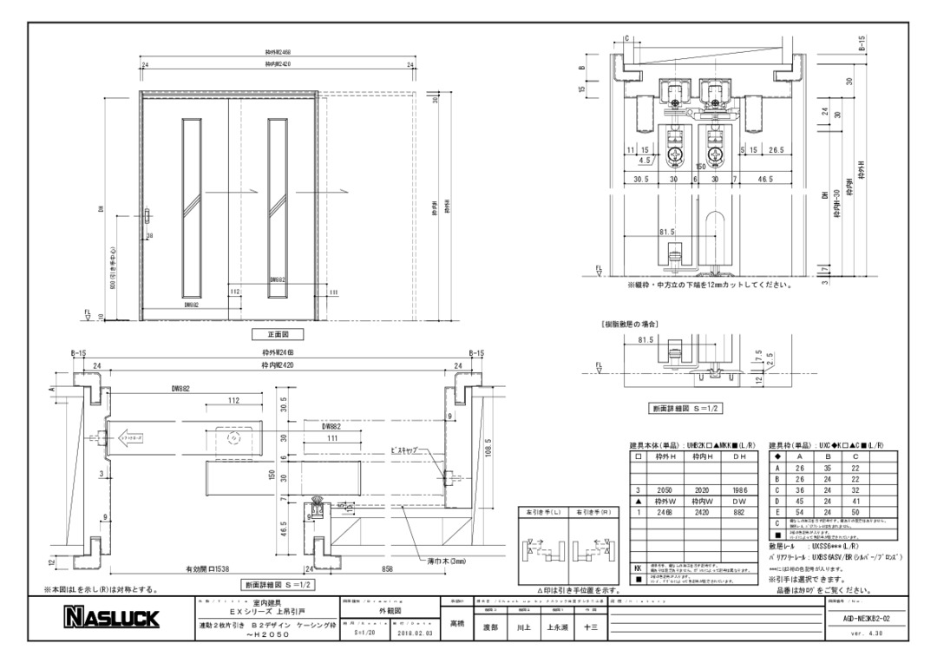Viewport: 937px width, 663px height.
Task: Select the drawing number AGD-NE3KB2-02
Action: click(x=868, y=617)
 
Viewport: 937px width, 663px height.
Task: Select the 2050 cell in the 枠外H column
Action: click(x=664, y=490)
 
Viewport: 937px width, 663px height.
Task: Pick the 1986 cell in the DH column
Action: click(x=740, y=490)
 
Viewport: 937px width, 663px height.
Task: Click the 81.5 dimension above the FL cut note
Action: click(x=666, y=233)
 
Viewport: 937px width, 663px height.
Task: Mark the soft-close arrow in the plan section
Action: click(x=131, y=437)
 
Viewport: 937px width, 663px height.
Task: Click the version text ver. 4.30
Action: click(x=868, y=633)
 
